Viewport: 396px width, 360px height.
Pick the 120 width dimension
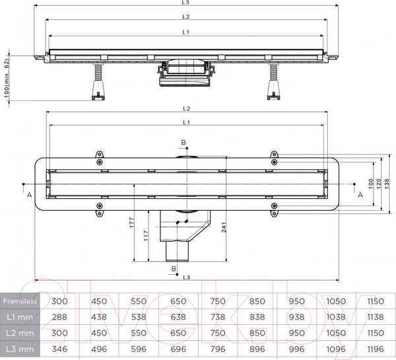pyautogui.click(x=379, y=181)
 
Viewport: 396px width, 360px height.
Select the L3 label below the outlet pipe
pyautogui.click(x=187, y=277)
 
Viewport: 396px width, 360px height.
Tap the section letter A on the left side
pyautogui.click(x=28, y=196)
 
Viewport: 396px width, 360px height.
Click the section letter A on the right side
pyautogui.click(x=360, y=196)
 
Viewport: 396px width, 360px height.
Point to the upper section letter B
pyautogui.click(x=185, y=142)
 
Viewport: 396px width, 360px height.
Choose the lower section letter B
pyautogui.click(x=174, y=268)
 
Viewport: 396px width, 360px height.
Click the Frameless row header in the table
pyautogui.click(x=18, y=301)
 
